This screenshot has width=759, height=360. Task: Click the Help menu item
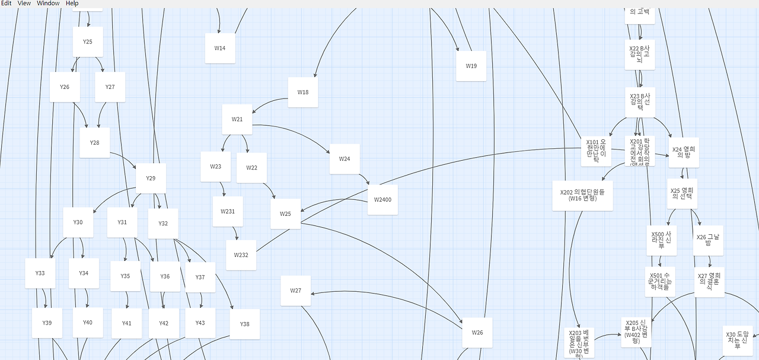point(72,4)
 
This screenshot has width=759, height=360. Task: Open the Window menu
point(48,4)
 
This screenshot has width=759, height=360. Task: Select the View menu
point(24,4)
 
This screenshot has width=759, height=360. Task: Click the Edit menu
point(6,4)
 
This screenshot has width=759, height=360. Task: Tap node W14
point(220,48)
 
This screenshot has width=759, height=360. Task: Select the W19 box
point(471,66)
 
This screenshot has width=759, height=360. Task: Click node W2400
point(382,200)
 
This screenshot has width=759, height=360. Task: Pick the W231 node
point(228,211)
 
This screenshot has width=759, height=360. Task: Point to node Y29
point(151,179)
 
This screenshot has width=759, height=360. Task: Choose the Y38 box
point(244,324)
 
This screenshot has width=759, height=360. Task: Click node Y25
point(88,42)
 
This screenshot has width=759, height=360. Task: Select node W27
point(296,291)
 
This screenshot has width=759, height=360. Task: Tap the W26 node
point(477,333)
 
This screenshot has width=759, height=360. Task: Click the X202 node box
point(582,195)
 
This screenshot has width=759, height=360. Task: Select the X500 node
point(661,240)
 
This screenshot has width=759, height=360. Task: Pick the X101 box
point(596,151)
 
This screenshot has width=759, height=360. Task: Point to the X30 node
point(738,340)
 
